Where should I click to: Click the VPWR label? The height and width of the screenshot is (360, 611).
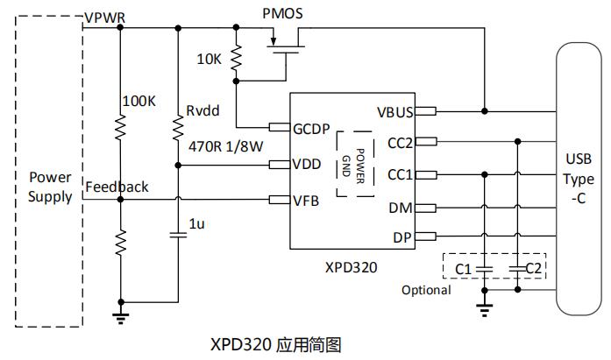104,18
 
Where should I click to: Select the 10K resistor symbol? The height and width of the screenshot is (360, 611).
235,60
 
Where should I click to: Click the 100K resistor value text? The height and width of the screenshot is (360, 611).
139,102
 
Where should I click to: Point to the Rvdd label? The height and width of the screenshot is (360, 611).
202,110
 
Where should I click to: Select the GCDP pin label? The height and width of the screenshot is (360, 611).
312,129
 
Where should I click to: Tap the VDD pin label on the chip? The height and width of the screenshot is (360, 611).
307,165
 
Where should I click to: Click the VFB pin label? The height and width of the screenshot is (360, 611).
306,201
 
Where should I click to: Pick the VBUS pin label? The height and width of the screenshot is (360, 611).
395,111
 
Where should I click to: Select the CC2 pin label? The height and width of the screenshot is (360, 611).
400,143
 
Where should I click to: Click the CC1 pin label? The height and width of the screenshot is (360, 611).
400,174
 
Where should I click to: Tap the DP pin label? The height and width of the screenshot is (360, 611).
403,236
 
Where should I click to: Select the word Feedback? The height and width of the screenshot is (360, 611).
117,187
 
